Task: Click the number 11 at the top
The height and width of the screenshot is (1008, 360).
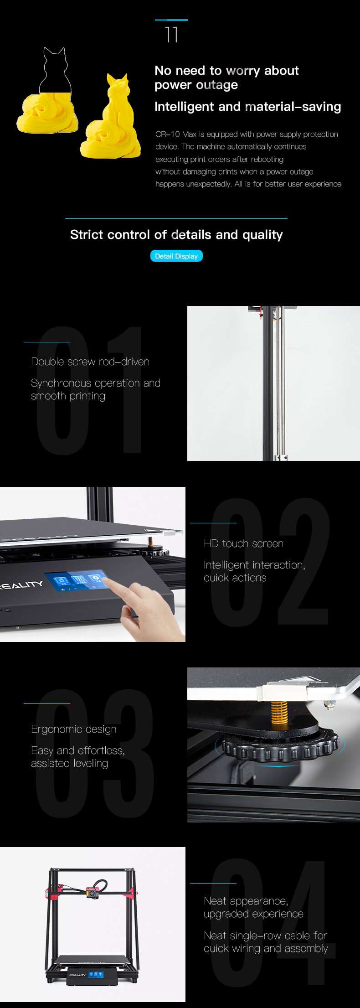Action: point(171,35)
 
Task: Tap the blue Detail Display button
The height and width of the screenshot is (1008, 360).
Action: point(176,256)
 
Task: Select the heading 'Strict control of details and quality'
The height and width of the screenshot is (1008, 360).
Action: point(176,234)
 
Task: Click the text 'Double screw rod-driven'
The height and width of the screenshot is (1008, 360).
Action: point(90,362)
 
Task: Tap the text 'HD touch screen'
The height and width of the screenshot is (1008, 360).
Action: point(243,543)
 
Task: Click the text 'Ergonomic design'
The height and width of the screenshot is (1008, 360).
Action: point(74,729)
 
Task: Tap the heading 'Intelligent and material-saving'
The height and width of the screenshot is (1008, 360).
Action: point(247,107)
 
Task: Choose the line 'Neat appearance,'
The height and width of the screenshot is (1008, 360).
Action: point(246,901)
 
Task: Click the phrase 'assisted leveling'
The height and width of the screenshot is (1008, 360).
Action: point(69,763)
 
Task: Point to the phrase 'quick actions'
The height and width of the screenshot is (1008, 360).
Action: point(235,578)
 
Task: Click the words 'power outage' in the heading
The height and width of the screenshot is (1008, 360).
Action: point(196,85)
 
